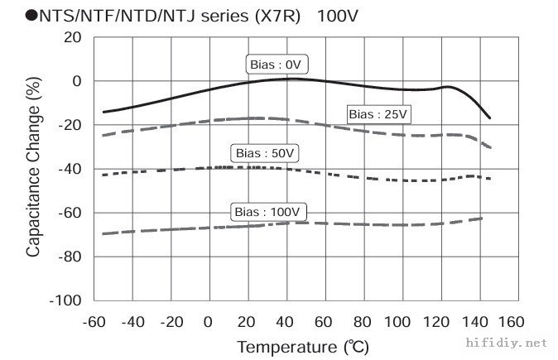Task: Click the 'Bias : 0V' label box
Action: (273, 64)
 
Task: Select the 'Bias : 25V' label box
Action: (378, 114)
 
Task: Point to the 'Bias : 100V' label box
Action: (268, 213)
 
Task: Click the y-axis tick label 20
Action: (72, 37)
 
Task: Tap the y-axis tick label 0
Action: (76, 81)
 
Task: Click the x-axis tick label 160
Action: (512, 321)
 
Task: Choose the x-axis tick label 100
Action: (398, 321)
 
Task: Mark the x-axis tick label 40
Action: (285, 321)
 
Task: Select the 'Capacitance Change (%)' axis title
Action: (34, 169)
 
